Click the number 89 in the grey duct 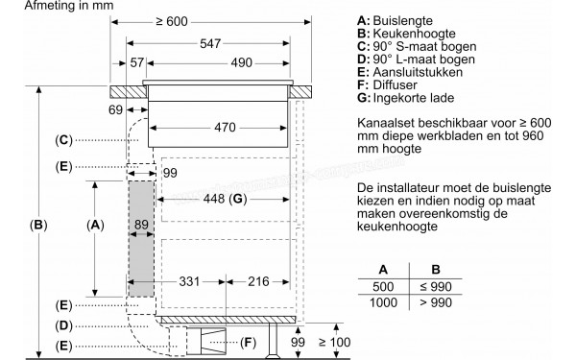(141, 224)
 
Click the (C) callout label (63, 141)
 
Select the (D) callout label (63, 324)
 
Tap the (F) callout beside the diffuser (249, 342)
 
